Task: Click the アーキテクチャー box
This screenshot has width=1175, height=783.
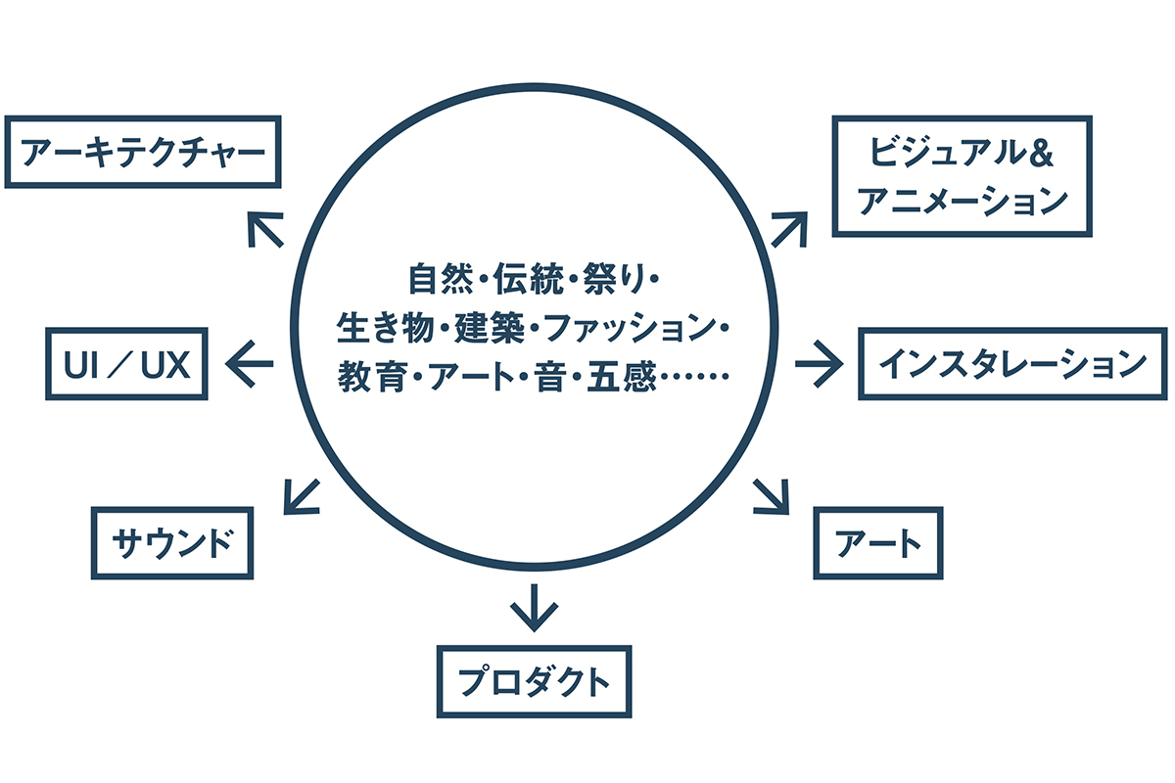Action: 143,152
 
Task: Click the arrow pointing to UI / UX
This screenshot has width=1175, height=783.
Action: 250,364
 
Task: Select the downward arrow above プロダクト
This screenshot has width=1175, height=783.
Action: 534,607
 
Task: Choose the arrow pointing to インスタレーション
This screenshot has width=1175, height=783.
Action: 819,364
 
